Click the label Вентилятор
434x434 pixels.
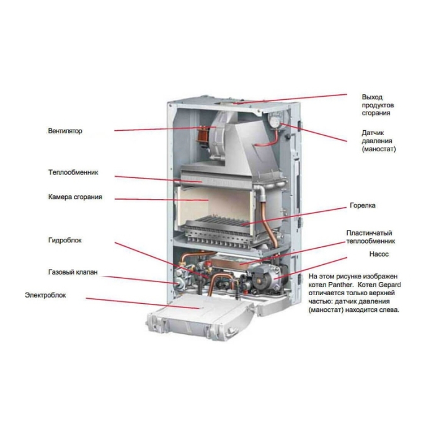[x=65, y=131]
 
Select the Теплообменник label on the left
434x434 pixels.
[x=73, y=172]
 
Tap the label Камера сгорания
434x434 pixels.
[x=75, y=197]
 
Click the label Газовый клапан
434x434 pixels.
[x=73, y=272]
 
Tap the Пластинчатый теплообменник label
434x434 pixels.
[x=370, y=237]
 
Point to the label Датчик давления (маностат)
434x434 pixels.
[x=378, y=141]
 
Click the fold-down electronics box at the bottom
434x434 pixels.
[x=198, y=316]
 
